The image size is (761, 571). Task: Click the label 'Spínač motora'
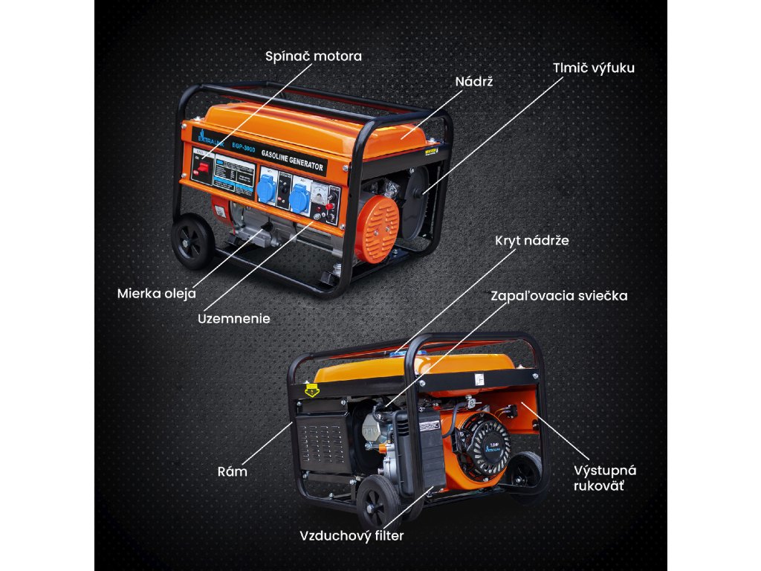(314, 56)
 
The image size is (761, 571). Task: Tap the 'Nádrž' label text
(473, 81)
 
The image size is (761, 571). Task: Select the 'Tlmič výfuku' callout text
(593, 67)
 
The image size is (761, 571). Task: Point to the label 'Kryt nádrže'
(532, 241)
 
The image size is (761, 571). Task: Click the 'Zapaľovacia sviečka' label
(559, 296)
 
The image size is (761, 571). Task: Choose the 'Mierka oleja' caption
(156, 293)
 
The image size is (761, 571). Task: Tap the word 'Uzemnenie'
(233, 319)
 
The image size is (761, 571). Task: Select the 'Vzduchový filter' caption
(352, 535)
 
